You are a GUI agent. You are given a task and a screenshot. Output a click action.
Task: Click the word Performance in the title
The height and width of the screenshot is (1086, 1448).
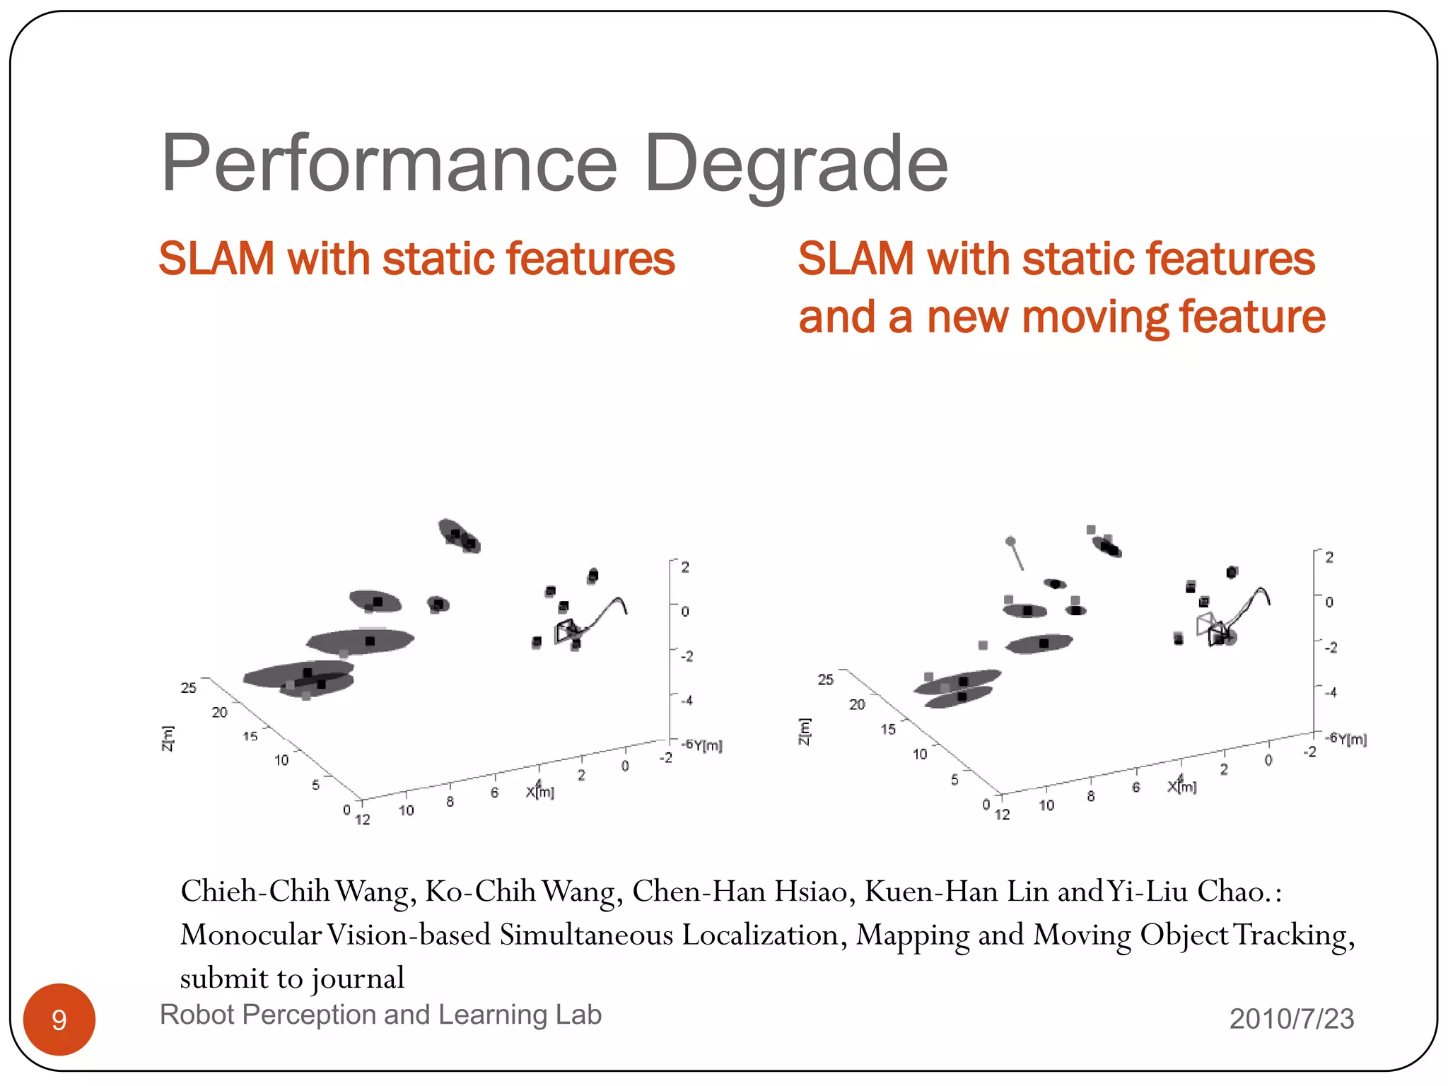point(390,164)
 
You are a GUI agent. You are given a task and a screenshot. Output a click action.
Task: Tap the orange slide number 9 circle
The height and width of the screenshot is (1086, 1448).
point(59,1019)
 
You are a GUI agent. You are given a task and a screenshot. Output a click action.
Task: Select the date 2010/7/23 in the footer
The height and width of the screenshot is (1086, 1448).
point(1291,1019)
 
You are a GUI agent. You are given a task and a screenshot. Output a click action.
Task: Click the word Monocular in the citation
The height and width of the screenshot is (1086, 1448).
point(251,935)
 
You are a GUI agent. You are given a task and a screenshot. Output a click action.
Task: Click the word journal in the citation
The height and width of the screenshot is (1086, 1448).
point(358,979)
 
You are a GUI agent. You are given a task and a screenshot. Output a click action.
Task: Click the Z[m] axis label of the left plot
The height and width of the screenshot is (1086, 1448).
point(168,738)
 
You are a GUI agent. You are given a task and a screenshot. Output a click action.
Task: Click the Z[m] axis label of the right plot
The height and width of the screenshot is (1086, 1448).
point(804,731)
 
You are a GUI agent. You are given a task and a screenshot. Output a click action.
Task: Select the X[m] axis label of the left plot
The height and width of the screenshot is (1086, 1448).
point(540,792)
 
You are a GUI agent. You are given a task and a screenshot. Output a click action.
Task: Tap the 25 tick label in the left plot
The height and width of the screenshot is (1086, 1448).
point(188,688)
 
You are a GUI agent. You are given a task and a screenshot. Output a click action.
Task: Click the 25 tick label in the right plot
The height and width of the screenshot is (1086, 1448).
point(825,679)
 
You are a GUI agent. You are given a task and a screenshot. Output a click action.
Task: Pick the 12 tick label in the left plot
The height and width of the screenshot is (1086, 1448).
point(363,819)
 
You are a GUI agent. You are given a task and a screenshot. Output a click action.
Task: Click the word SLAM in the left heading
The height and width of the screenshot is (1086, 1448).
point(216,259)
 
